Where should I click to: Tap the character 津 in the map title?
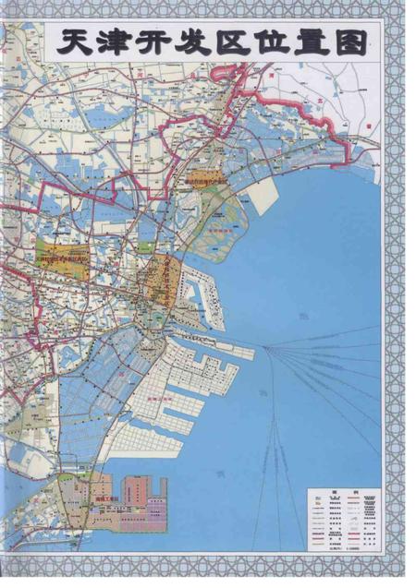pos(118,43)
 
